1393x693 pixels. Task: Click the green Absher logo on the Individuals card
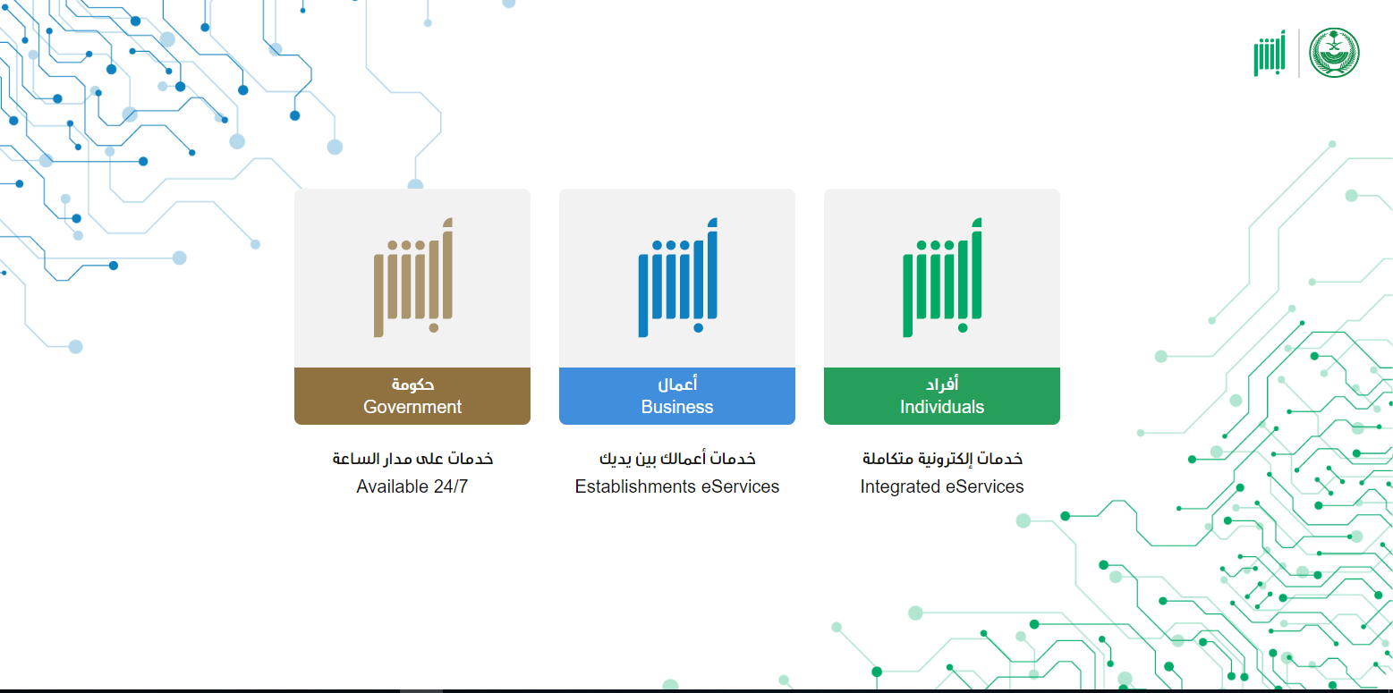pyautogui.click(x=942, y=277)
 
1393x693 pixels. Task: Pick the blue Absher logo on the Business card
pyautogui.click(x=677, y=277)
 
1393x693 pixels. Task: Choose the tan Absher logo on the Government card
pyautogui.click(x=413, y=277)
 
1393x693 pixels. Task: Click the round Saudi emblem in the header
pyautogui.click(x=1334, y=53)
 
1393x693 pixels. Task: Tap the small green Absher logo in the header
pyautogui.click(x=1270, y=54)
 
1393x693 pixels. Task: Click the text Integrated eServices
pyautogui.click(x=941, y=486)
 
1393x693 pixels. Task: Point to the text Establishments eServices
pyautogui.click(x=676, y=486)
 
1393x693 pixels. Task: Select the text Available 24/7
pyautogui.click(x=412, y=486)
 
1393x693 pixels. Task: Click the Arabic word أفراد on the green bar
pyautogui.click(x=942, y=385)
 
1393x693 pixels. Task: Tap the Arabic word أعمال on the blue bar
pyautogui.click(x=677, y=385)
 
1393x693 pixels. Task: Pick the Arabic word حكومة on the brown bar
pyautogui.click(x=413, y=385)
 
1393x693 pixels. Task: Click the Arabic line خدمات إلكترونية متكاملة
pyautogui.click(x=942, y=459)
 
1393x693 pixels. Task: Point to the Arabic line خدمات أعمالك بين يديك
pyautogui.click(x=677, y=459)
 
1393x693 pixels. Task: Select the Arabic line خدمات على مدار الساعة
pyautogui.click(x=412, y=459)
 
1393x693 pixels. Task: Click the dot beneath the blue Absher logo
pyautogui.click(x=699, y=328)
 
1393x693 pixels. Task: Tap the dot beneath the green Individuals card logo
pyautogui.click(x=963, y=328)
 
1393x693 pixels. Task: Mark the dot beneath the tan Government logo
pyautogui.click(x=433, y=328)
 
